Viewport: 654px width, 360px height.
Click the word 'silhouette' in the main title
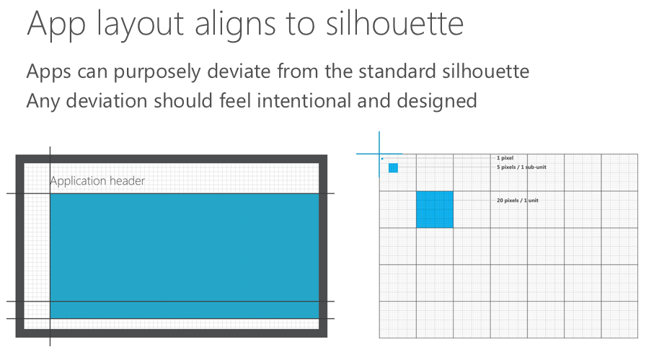394,23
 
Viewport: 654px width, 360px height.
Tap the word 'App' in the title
56,26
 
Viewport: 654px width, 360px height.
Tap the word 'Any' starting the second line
43,102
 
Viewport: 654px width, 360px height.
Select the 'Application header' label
97,181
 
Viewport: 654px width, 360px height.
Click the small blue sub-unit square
393,167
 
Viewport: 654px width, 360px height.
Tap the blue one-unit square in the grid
435,209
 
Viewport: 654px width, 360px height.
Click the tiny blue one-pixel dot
382,159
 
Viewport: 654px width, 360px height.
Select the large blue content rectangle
185,255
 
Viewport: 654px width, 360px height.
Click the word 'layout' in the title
140,26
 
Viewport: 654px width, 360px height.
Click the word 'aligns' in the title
235,26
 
